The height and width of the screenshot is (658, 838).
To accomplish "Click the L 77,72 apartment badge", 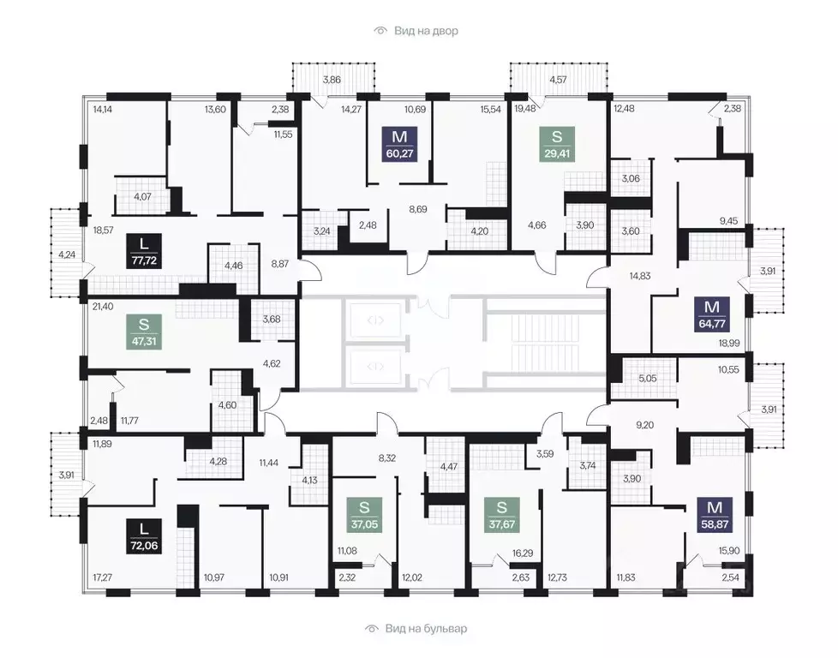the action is click(x=144, y=251).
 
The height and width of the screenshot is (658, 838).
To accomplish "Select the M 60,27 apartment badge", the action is click(x=399, y=144).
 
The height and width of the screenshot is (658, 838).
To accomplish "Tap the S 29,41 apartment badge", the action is click(x=557, y=144).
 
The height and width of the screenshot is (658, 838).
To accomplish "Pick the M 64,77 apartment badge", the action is click(x=712, y=314).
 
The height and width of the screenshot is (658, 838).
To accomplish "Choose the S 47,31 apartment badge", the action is click(x=144, y=332).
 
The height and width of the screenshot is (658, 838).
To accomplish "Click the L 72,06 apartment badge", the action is click(x=144, y=536).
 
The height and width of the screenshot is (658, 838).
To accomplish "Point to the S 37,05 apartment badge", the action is click(x=364, y=515).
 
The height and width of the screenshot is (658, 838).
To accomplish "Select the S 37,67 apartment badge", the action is click(x=501, y=515).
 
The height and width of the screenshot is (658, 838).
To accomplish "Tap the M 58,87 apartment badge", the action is click(x=715, y=515).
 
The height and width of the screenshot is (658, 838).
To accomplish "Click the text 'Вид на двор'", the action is click(x=426, y=31).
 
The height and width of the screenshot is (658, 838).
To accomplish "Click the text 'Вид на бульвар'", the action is click(x=426, y=629).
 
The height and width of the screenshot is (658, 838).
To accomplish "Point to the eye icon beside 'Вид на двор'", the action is click(x=380, y=31).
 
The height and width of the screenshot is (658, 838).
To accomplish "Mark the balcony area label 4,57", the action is click(x=558, y=80).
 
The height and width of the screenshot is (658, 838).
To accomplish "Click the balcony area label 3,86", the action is click(x=332, y=80).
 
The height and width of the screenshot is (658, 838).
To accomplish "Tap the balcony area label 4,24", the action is click(x=67, y=254).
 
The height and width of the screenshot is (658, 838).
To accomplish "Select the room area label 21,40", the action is click(x=103, y=306).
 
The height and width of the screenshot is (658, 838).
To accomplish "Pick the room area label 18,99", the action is click(x=729, y=344).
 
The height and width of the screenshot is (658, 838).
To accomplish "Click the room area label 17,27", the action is click(x=102, y=577).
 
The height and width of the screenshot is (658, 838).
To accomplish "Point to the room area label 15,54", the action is click(x=491, y=109).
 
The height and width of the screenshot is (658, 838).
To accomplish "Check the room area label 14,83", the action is click(x=640, y=276).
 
